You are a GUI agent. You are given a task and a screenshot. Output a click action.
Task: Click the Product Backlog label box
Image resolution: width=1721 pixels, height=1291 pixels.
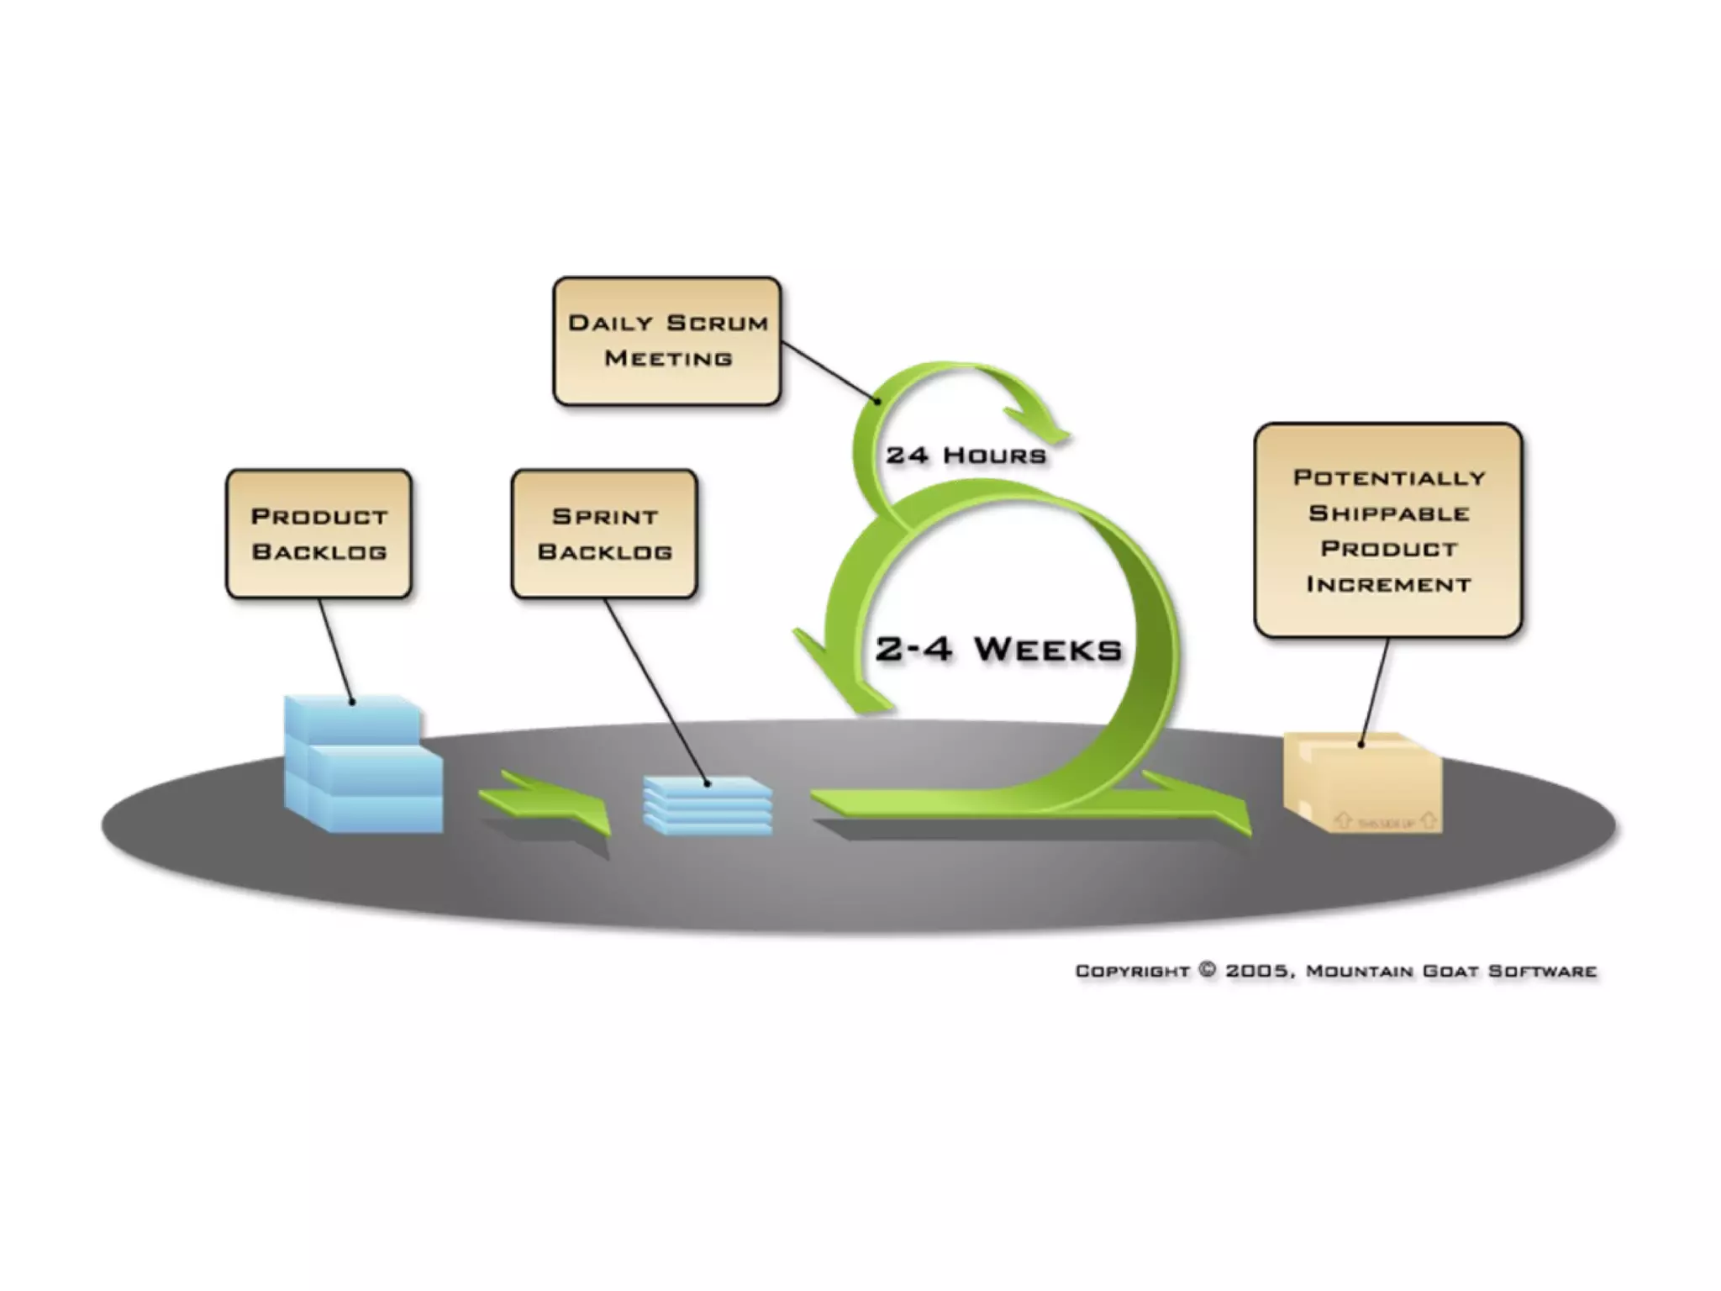(318, 534)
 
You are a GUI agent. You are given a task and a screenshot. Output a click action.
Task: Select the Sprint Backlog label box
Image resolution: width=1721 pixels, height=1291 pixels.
(604, 534)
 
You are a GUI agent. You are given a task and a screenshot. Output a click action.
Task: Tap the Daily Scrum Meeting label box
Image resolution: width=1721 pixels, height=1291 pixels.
(667, 340)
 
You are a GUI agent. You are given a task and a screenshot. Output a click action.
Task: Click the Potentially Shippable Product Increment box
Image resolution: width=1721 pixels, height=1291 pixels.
(1388, 530)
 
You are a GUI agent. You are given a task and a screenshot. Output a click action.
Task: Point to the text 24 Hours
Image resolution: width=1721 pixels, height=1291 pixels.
(966, 456)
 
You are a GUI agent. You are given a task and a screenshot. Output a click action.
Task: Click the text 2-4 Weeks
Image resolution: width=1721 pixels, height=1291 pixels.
(998, 649)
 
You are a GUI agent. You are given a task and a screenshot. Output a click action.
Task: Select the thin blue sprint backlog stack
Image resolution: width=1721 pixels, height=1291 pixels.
(708, 805)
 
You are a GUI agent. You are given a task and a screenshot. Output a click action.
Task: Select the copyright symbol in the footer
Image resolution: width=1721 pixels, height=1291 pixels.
(1208, 970)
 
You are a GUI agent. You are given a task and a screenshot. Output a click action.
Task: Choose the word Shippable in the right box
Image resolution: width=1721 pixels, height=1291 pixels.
(1388, 513)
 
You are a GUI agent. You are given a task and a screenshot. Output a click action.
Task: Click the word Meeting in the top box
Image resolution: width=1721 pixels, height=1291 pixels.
(668, 358)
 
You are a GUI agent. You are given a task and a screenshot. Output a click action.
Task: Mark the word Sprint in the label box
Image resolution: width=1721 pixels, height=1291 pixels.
(604, 516)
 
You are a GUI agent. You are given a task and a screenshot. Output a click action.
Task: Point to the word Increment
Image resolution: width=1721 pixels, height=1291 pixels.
(1388, 584)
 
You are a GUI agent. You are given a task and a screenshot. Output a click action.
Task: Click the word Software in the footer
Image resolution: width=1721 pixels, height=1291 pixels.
(1542, 971)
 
